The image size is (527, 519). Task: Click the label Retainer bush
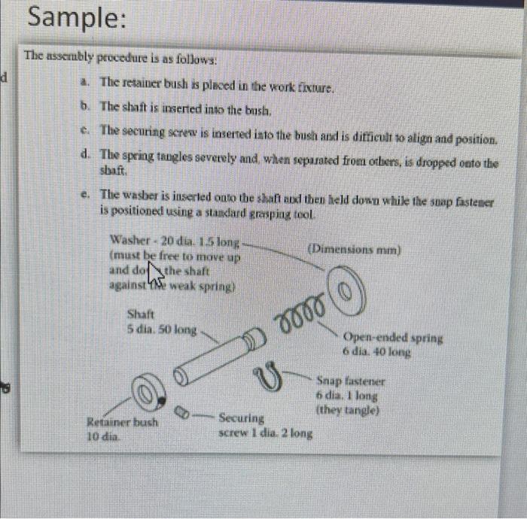pyautogui.click(x=123, y=422)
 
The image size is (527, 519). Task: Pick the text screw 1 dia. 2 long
pyautogui.click(x=266, y=432)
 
